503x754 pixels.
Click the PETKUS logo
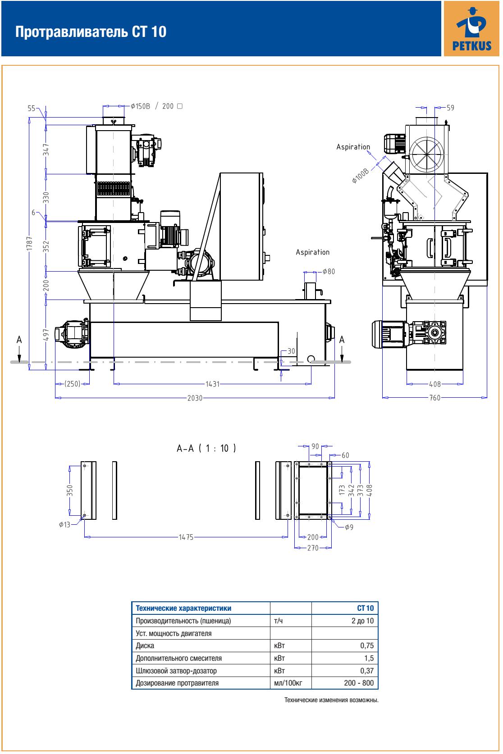471,29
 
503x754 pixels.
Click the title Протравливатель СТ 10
91,32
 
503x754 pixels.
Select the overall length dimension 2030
195,398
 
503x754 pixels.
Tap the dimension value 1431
213,384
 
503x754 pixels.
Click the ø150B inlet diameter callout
141,106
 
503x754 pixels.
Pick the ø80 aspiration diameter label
329,272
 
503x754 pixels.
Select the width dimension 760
435,398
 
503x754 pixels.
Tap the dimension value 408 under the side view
435,384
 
